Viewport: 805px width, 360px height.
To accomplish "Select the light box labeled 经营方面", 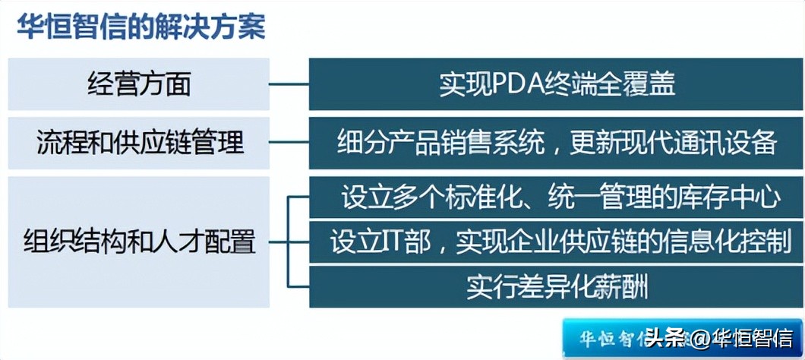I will (x=138, y=84).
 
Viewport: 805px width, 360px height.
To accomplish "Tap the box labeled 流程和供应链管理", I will (x=138, y=142).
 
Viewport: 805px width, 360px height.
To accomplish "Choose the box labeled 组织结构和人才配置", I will (x=138, y=242).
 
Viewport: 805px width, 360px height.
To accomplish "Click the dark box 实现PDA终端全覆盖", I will (x=556, y=84).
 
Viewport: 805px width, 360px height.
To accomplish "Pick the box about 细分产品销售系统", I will (x=556, y=142).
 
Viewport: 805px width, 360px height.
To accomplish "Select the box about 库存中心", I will (x=556, y=197).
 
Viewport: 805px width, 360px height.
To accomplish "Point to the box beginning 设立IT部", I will (x=556, y=242).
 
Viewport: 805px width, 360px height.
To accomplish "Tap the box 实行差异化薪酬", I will (x=556, y=287).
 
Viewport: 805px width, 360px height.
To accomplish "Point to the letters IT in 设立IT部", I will (x=399, y=242).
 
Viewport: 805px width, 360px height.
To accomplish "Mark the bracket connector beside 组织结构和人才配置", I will (x=289, y=242).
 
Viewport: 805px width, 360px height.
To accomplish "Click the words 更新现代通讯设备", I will (x=674, y=142).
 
